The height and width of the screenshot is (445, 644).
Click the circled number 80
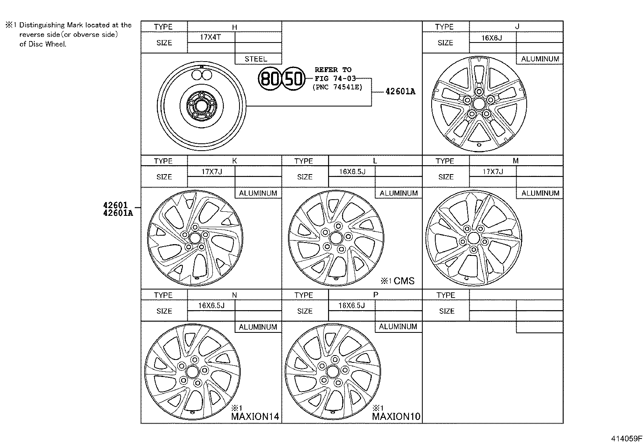tap(270, 78)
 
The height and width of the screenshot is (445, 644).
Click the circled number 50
tap(293, 78)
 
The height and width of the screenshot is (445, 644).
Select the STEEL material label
tap(256, 59)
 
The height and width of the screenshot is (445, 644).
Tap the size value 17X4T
tap(211, 37)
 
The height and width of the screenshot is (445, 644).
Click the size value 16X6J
tap(491, 37)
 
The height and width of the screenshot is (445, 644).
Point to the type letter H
tap(235, 27)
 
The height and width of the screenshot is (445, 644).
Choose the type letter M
tap(515, 161)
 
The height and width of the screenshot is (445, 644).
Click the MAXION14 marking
tap(255, 416)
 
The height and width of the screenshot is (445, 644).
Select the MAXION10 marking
tap(396, 416)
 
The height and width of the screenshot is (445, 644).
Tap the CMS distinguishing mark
tap(404, 281)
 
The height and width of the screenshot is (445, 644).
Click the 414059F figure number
tap(626, 439)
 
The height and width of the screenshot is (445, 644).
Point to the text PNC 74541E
tap(337, 87)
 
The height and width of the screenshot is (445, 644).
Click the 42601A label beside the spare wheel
tap(400, 92)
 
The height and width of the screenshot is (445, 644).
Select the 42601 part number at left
tap(115, 206)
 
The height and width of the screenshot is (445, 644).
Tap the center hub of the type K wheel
tap(195, 238)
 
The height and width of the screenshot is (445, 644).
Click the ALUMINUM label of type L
tap(398, 193)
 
